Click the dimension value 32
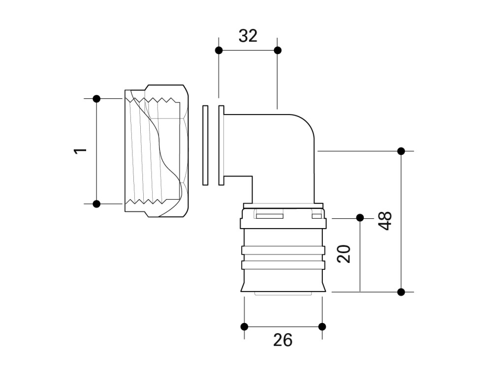248,36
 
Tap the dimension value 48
385,221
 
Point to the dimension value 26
283,340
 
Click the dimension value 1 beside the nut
80,150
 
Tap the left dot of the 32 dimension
219,50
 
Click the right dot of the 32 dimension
278,50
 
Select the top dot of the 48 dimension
401,151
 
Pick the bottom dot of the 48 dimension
401,291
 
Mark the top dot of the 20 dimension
360,217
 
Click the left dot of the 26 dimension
244,326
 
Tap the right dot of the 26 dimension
322,326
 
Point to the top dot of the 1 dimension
96,99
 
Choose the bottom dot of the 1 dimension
96,203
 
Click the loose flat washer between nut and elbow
205,145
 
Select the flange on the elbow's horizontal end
221,145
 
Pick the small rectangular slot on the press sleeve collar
269,215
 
